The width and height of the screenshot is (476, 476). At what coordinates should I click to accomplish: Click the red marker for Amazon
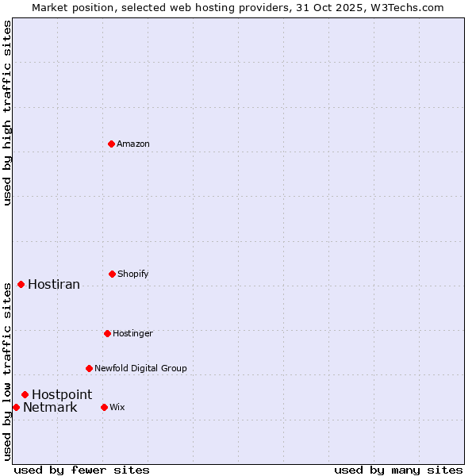click(x=111, y=144)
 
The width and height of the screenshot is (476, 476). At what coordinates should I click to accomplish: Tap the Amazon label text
click(x=133, y=144)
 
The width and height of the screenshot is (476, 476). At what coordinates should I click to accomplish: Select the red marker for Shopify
click(x=112, y=274)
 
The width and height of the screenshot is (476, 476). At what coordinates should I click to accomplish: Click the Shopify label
click(x=133, y=274)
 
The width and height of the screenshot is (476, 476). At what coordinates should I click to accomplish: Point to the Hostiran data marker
click(x=21, y=284)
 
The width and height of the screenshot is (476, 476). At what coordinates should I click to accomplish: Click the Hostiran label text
click(x=54, y=284)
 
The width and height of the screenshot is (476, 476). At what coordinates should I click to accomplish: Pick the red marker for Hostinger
click(x=107, y=333)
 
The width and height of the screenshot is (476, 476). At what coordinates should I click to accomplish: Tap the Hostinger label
click(x=132, y=333)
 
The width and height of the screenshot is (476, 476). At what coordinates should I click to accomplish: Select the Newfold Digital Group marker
click(x=89, y=368)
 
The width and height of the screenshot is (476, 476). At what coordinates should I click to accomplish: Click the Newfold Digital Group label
click(x=140, y=368)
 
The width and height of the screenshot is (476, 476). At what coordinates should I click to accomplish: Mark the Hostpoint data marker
click(x=25, y=394)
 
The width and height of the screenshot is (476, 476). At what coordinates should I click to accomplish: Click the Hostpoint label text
click(x=62, y=394)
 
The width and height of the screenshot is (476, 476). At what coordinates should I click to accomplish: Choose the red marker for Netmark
click(x=16, y=407)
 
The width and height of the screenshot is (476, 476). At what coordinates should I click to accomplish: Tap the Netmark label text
click(x=50, y=408)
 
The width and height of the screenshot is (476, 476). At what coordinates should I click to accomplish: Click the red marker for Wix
click(x=104, y=407)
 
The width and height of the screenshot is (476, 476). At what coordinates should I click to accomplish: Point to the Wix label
click(x=117, y=407)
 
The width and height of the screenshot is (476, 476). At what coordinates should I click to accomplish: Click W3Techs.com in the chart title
click(x=410, y=7)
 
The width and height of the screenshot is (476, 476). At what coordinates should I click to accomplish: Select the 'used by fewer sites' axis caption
click(x=82, y=470)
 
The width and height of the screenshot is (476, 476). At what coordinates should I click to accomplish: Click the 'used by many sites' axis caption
click(x=398, y=470)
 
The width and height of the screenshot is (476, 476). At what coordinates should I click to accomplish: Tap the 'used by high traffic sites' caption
click(x=7, y=113)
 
